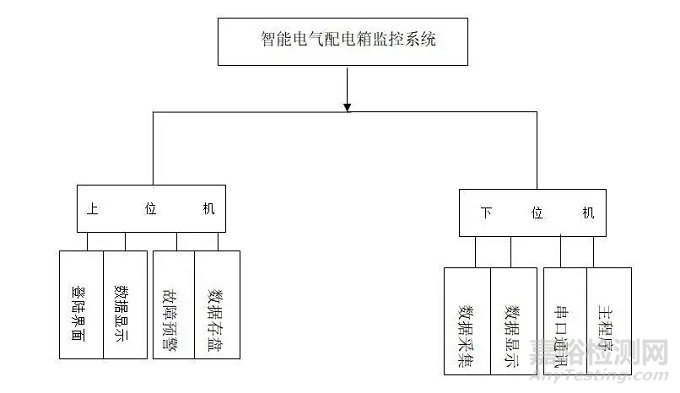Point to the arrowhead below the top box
[x=347, y=104]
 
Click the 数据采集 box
[x=467, y=320]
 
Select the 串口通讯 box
[x=563, y=320]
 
